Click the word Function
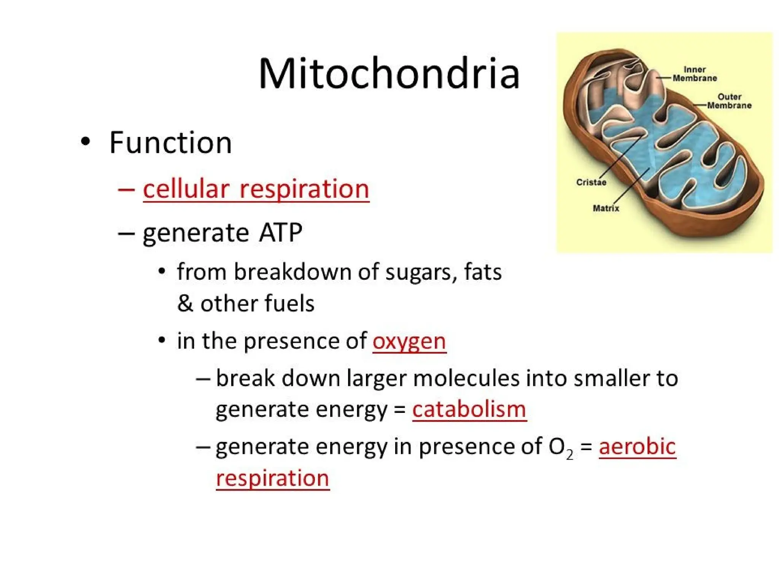[170, 143]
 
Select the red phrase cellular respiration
[256, 189]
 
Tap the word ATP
[281, 232]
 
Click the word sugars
[421, 273]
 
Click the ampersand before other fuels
[185, 303]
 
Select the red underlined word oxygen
[409, 341]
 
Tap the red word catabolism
[469, 409]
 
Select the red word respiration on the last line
[272, 478]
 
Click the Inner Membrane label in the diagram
[695, 74]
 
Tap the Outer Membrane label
[729, 101]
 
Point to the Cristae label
[591, 182]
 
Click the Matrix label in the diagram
[606, 208]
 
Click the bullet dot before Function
[86, 141]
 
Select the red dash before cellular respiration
[126, 189]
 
